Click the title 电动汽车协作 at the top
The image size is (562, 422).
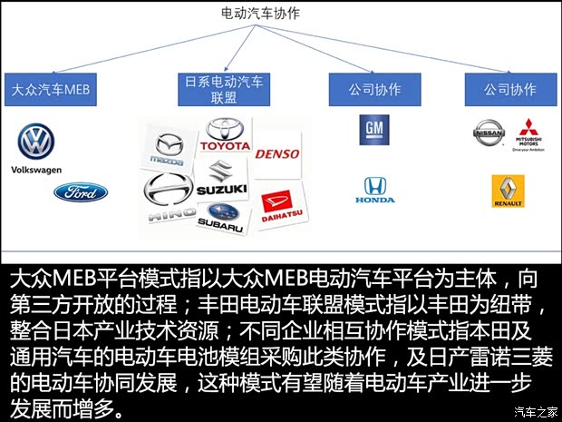261,14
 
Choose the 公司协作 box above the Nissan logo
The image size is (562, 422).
510,90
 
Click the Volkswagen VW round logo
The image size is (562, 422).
35,142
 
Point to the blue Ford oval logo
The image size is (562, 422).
80,191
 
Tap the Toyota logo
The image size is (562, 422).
224,136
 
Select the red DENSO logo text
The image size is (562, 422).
276,154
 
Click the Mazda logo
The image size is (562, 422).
169,148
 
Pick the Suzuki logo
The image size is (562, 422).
222,176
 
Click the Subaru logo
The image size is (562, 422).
220,215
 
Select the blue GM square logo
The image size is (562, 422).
373,130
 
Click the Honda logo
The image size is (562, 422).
373,189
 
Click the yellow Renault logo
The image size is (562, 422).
508,191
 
